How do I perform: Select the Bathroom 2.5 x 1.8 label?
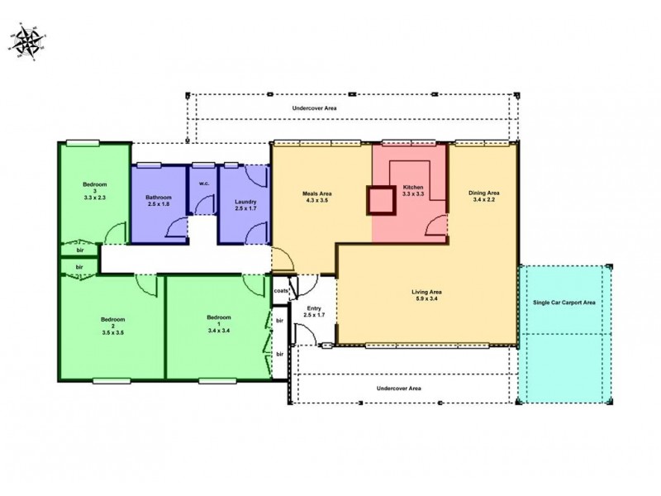[158, 202]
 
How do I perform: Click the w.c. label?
[202, 184]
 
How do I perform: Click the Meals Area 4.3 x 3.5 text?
[317, 198]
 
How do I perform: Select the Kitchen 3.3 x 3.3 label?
[413, 192]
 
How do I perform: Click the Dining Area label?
[486, 197]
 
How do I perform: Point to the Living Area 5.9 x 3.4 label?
[427, 296]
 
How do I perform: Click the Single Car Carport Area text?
[564, 303]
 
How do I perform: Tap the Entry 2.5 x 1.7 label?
[315, 311]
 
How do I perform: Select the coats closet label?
[280, 291]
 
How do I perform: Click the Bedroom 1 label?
[219, 322]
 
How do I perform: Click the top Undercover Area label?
[314, 108]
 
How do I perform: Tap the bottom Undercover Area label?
[399, 388]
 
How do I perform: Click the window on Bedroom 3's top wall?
[83, 141]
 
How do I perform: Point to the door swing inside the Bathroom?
[177, 228]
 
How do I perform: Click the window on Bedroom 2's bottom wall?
[111, 381]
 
